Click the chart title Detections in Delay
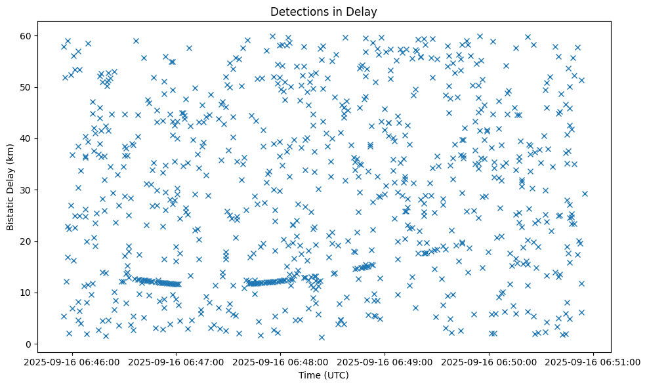(324, 11)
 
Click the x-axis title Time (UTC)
(324, 375)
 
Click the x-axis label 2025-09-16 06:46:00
(72, 361)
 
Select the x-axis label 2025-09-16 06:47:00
(176, 361)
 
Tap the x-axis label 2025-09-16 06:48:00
(281, 361)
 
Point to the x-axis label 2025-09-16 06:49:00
(385, 361)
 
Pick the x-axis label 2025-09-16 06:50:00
(490, 361)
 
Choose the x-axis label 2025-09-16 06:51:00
(594, 361)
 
